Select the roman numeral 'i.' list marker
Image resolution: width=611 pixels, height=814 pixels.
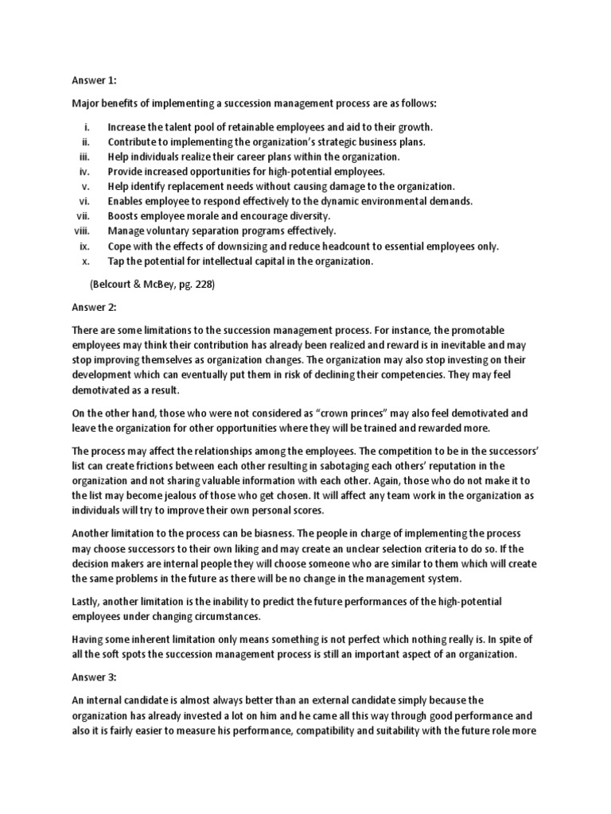87,126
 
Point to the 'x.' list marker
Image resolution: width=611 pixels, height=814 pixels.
86,261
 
